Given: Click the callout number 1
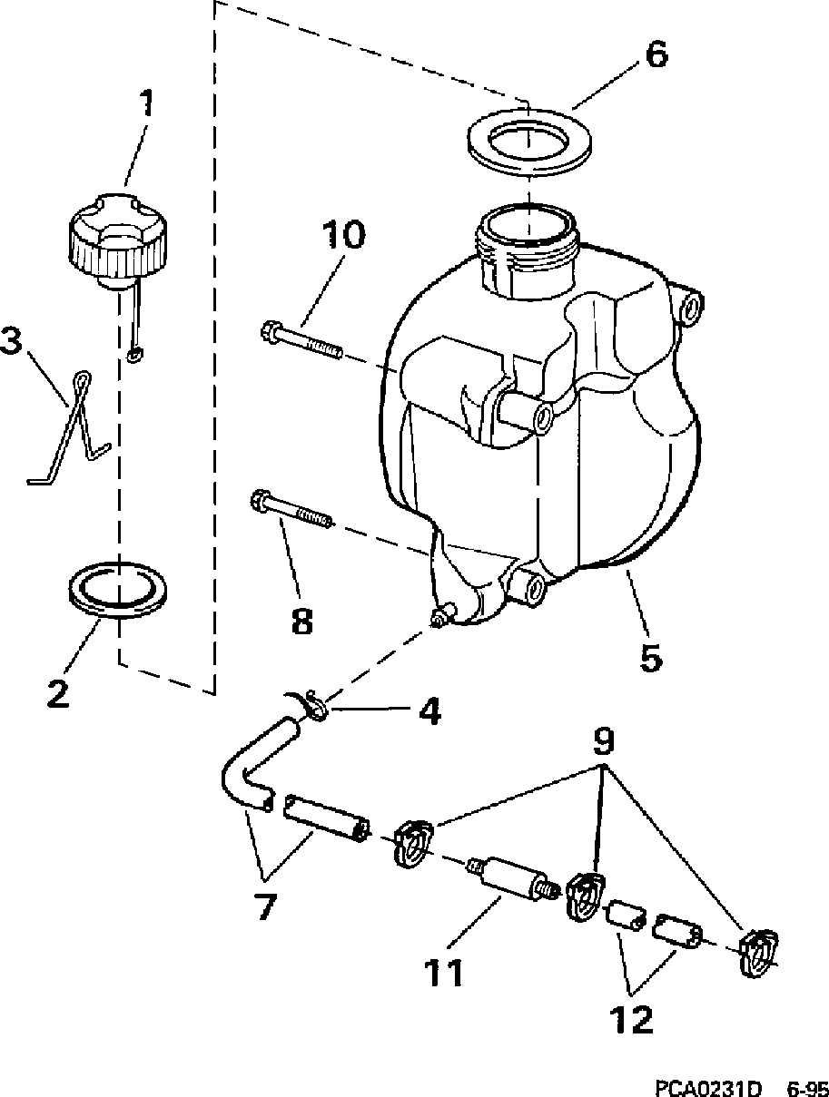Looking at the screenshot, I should click(x=146, y=105).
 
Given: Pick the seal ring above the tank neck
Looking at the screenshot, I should click(x=527, y=142).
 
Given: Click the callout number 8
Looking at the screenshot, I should click(x=301, y=622).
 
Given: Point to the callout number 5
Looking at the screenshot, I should click(x=651, y=656).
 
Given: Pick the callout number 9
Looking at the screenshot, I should click(x=603, y=742).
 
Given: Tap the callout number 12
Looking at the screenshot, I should click(x=633, y=1020).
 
